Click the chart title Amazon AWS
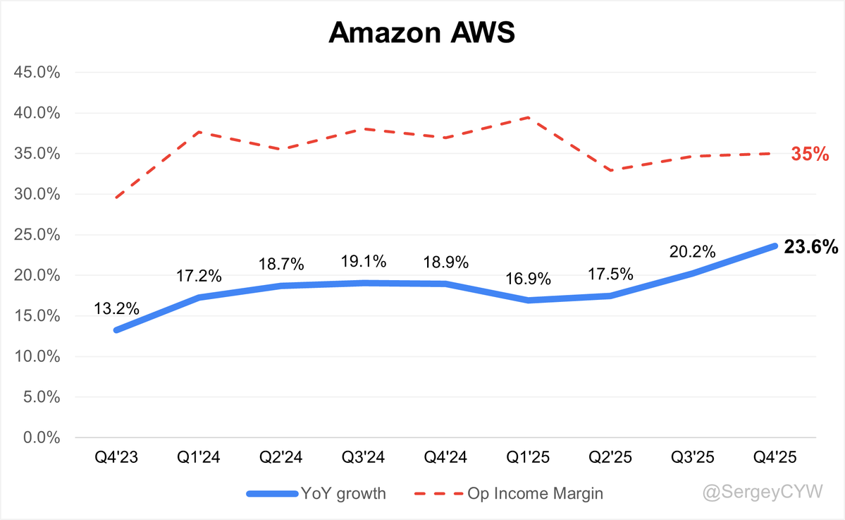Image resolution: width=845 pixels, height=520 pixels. pos(422,33)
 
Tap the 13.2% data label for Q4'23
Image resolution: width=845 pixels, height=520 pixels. pos(116,308)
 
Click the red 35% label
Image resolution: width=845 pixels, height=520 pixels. pos(810,154)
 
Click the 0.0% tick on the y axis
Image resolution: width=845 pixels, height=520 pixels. pos(42,438)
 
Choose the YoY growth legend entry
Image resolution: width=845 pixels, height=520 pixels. pos(316,493)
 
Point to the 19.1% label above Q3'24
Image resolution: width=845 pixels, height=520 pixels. pos(363,261)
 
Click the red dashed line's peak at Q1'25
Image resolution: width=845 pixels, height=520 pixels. pos(528,118)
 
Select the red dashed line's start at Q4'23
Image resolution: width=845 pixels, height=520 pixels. pos(116,198)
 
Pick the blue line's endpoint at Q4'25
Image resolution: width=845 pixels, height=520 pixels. pos(775,246)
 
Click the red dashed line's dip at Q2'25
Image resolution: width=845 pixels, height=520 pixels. pos(610,170)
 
